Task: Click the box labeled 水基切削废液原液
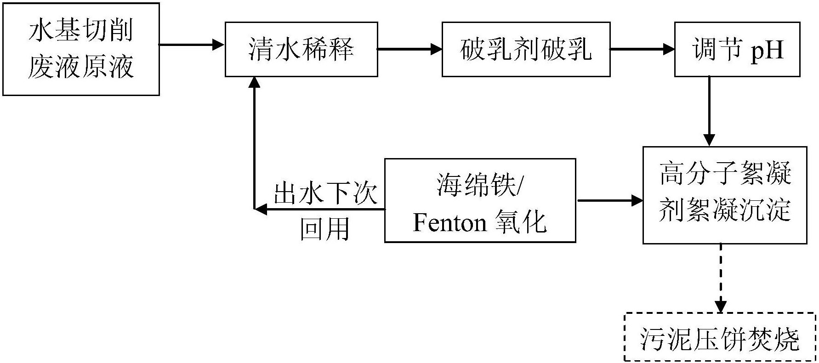(x=81, y=49)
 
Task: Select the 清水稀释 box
(x=301, y=49)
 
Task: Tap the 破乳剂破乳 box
(x=526, y=49)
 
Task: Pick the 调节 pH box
(x=737, y=49)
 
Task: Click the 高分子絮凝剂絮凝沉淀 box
(x=724, y=195)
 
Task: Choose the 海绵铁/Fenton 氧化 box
(x=480, y=200)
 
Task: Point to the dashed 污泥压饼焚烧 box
(x=720, y=338)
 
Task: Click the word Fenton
(x=449, y=223)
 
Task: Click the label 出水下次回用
(x=325, y=211)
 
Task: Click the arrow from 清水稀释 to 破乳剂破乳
(x=409, y=49)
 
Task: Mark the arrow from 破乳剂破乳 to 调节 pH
(x=642, y=49)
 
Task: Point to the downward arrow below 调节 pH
(x=710, y=112)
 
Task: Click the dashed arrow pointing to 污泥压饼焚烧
(x=720, y=278)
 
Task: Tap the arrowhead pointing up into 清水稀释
(x=254, y=82)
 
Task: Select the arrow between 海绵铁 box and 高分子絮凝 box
(x=609, y=200)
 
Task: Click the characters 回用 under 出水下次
(x=325, y=228)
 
